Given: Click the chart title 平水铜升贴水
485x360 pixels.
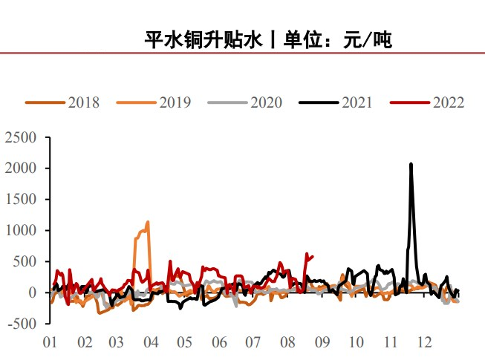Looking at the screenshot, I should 204,40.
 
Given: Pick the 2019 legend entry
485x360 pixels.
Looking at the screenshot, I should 175,102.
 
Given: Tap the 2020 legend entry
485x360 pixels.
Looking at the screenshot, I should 266,102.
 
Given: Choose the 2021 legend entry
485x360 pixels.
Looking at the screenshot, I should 357,102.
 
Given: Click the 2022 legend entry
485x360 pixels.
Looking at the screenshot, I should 448,102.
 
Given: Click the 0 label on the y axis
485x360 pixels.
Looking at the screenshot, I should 32,292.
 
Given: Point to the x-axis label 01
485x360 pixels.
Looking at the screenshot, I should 51,342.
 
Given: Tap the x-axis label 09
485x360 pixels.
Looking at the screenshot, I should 321,342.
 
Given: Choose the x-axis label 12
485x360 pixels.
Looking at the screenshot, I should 423,342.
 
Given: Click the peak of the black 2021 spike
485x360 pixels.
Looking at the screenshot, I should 411,164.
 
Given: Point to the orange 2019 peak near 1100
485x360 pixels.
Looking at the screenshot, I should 148,222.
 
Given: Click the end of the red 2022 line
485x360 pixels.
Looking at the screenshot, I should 312,257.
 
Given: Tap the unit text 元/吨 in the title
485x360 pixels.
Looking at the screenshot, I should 366,40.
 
